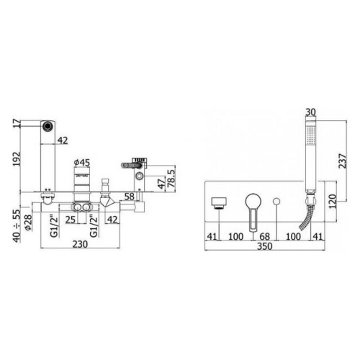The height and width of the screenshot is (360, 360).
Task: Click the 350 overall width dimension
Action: point(265,246)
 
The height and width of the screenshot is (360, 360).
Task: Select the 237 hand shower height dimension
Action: point(343,161)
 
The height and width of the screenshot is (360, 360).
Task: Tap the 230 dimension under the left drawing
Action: point(80,244)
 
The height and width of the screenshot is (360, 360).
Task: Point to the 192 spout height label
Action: point(17,159)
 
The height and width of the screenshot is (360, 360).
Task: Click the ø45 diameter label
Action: point(82,163)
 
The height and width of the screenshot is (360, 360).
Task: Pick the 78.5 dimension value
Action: point(171,179)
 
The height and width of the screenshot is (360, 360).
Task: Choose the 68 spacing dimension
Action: point(265,236)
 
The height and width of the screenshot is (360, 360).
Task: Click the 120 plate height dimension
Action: point(333,202)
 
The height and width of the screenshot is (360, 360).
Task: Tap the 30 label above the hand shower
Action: point(311,112)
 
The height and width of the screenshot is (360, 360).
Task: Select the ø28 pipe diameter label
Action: point(28,222)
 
